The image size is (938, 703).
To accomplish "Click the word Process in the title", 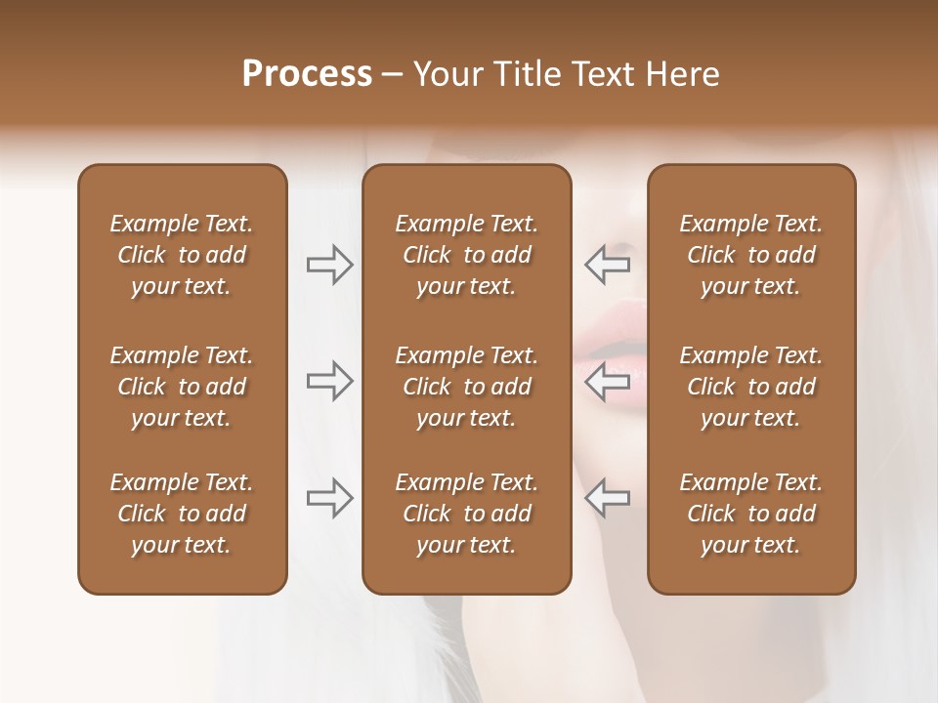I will (x=307, y=74).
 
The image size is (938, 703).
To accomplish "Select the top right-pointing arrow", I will (x=329, y=265).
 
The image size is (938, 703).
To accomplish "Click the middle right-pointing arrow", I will (x=329, y=381).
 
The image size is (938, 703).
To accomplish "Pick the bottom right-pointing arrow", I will (x=329, y=498).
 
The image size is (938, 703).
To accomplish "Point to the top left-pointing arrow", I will (x=607, y=264).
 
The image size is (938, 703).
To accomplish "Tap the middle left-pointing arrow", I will (x=607, y=381).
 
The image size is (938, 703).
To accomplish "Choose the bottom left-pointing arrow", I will (x=607, y=498).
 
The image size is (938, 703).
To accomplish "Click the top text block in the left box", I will (x=182, y=255).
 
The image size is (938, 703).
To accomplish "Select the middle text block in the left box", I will (x=182, y=387).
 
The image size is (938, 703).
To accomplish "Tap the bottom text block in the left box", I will (x=182, y=514).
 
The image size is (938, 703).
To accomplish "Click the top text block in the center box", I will (x=467, y=255).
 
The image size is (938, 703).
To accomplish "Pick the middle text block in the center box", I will (x=467, y=387).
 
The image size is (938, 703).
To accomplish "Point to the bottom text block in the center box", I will (x=467, y=514).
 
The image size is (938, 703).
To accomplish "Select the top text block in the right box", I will (x=751, y=255).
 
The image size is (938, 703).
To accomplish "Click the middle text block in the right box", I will (x=751, y=387).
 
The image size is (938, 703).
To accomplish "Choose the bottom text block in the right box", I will (x=751, y=514).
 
